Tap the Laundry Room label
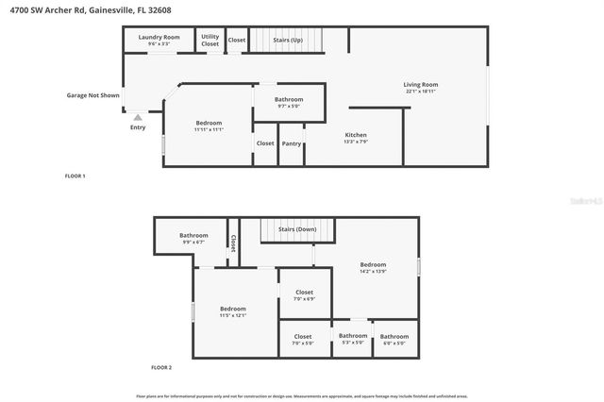(x=159, y=37)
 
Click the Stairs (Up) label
(x=287, y=40)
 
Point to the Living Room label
(x=422, y=85)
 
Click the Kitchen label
(x=356, y=135)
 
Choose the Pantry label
(x=292, y=143)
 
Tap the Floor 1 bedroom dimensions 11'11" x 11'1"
(x=209, y=129)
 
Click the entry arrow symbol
(x=138, y=118)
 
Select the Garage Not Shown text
(x=92, y=95)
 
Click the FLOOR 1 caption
(x=75, y=176)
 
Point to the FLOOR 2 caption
(x=161, y=367)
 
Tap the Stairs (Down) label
(x=297, y=229)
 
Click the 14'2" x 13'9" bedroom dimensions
(x=373, y=271)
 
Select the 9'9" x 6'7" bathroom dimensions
(x=193, y=242)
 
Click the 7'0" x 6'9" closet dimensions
(x=304, y=299)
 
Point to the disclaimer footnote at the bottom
(x=302, y=396)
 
